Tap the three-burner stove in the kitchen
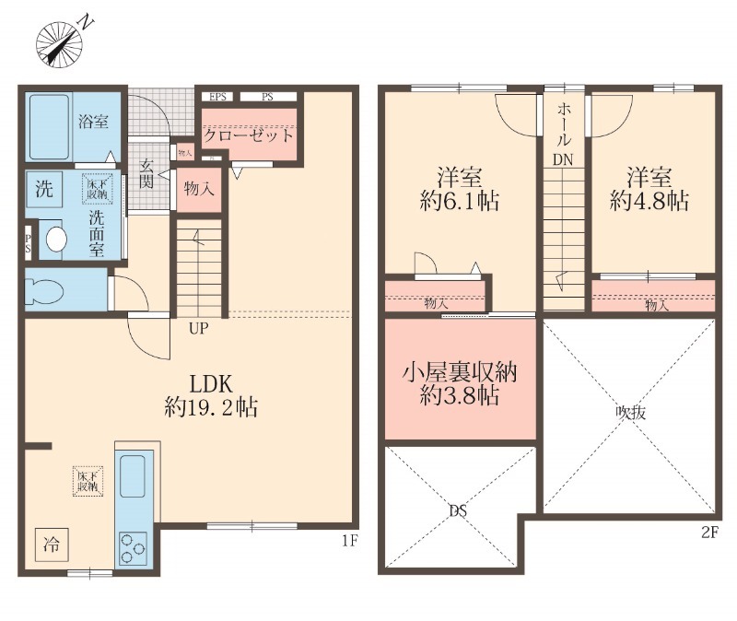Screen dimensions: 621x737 coord(134,550)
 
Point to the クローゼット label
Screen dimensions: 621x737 coord(249,135)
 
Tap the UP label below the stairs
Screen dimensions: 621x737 coord(198,327)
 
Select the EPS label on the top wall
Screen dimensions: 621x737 coord(218,96)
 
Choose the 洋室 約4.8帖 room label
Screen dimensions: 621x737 coord(650,190)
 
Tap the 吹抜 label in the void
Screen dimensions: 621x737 coord(630,413)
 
